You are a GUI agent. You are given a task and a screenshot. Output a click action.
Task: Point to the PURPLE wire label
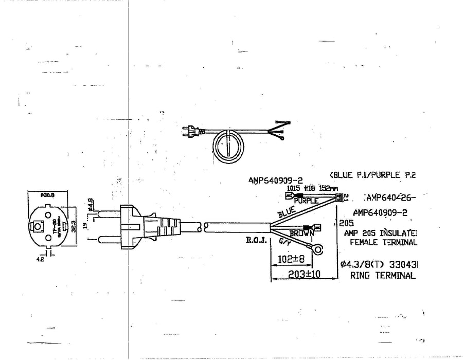click(307, 201)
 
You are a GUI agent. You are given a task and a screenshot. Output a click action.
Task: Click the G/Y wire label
click(284, 240)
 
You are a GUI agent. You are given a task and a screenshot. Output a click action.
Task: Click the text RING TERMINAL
click(382, 276)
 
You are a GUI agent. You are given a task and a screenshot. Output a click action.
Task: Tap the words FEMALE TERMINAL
click(383, 242)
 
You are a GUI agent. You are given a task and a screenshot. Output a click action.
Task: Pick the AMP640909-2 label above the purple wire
click(275, 181)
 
